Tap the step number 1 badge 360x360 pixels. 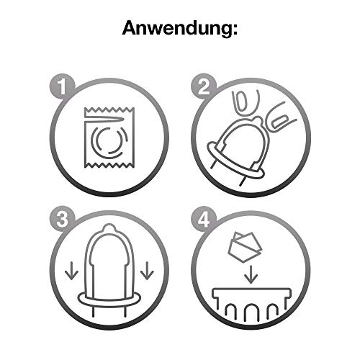pyautogui.click(x=63, y=86)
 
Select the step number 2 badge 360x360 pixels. pyautogui.click(x=204, y=86)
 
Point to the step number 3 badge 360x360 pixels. pyautogui.click(x=63, y=220)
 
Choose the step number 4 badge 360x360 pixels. pyautogui.click(x=204, y=220)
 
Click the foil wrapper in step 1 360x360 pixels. pyautogui.click(x=109, y=138)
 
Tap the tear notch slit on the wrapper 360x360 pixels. pyautogui.click(x=105, y=120)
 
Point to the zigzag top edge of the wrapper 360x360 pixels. pyautogui.click(x=109, y=110)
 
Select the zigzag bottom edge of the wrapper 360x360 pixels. pyautogui.click(x=109, y=165)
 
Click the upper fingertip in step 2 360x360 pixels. pyautogui.click(x=244, y=103)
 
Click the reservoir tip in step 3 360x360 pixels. pyautogui.click(x=109, y=228)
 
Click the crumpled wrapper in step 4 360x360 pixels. pyautogui.click(x=243, y=247)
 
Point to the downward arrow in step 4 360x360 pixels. pyautogui.click(x=251, y=274)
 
